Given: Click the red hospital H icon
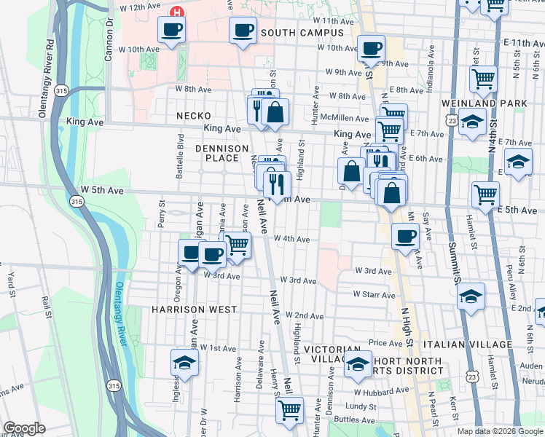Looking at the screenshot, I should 176,12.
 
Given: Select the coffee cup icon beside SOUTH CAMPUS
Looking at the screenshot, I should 243,31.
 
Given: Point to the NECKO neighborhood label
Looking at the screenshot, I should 193,116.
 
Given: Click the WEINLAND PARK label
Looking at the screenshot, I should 483,104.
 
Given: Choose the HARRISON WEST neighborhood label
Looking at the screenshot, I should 194,310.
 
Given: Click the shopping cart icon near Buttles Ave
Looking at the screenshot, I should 289,409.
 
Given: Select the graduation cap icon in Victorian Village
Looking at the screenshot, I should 357,366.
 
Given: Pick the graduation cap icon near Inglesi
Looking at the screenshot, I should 184,362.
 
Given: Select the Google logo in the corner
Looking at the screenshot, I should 24,428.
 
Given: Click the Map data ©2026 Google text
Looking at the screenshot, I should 500,431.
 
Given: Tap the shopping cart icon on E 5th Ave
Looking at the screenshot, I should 485,194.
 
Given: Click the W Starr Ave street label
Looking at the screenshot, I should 374,295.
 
